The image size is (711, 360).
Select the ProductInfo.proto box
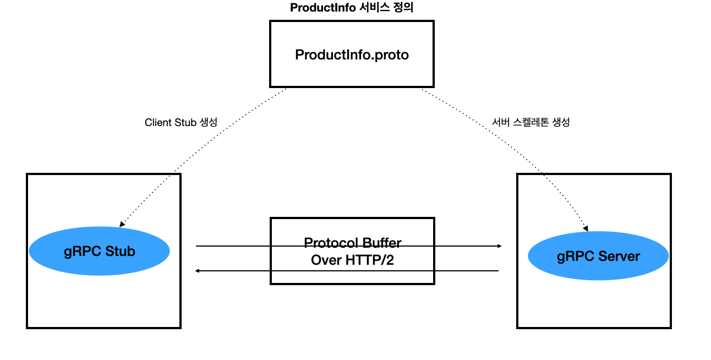click(352, 54)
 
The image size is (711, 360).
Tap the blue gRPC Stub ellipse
click(99, 251)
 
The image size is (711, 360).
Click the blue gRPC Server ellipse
click(598, 256)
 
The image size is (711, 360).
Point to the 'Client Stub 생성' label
click(181, 122)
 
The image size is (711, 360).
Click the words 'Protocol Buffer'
click(352, 243)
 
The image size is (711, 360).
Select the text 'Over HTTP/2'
click(352, 260)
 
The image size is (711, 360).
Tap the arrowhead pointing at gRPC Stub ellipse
click(122, 224)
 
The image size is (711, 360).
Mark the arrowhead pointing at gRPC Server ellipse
click(586, 227)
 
